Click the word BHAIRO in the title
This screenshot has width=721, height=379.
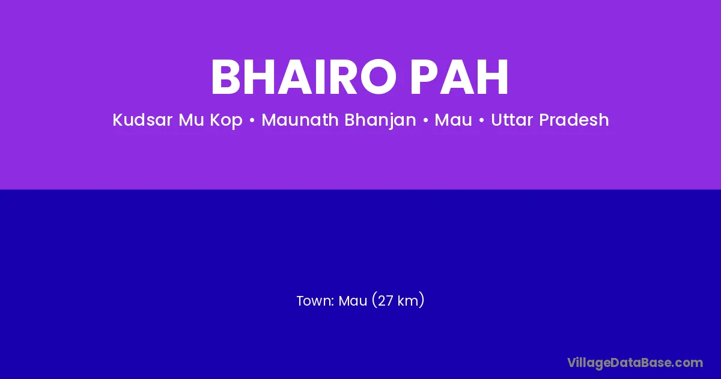pyautogui.click(x=303, y=77)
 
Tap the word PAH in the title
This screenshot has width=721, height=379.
pyautogui.click(x=459, y=77)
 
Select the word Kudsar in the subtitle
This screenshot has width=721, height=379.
pyautogui.click(x=142, y=120)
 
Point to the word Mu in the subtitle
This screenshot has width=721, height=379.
pyautogui.click(x=191, y=120)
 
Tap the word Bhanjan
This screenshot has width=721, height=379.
pyautogui.click(x=380, y=120)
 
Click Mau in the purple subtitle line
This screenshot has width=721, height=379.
pyautogui.click(x=453, y=120)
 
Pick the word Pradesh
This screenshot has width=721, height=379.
pyautogui.click(x=574, y=120)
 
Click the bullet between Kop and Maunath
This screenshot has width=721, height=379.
pyautogui.click(x=252, y=120)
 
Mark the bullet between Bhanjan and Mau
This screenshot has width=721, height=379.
pyautogui.click(x=425, y=120)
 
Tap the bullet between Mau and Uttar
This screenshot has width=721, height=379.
pyautogui.click(x=481, y=120)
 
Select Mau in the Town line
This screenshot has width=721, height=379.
pyautogui.click(x=353, y=301)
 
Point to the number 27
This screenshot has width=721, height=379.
pyautogui.click(x=385, y=301)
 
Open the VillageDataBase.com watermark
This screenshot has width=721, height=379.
pyautogui.click(x=635, y=363)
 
